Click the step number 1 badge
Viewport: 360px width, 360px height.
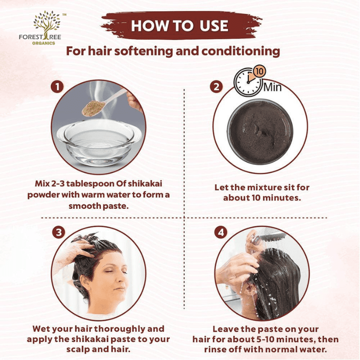coord(57,86)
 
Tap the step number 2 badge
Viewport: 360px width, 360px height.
coord(216,87)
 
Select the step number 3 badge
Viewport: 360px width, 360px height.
coord(59,232)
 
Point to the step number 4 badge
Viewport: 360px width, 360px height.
coord(220,232)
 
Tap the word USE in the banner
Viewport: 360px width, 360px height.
coord(214,26)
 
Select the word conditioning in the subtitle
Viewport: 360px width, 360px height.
coord(241,51)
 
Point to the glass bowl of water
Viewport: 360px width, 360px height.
coord(99,142)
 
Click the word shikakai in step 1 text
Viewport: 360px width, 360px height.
coord(145,184)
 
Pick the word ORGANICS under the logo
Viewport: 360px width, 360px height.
coord(44,43)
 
